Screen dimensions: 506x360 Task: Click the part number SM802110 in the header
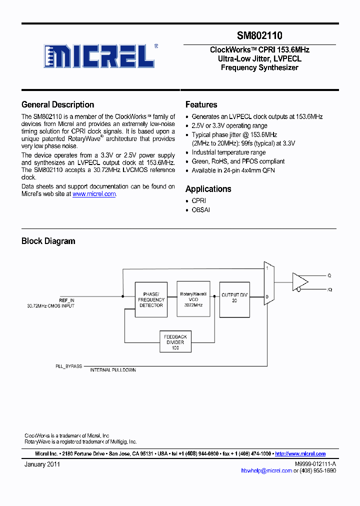259,36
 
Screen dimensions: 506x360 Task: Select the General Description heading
57,104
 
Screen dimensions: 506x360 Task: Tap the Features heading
201,104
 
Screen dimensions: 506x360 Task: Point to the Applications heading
208,189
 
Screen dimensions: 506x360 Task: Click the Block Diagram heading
48,241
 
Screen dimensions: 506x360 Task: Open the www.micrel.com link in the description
94,194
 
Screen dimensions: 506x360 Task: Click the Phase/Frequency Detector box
151,299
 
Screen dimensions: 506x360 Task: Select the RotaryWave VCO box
193,299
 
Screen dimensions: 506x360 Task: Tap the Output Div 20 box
234,299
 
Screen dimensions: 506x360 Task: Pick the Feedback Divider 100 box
175,342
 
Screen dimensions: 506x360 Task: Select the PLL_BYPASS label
68,366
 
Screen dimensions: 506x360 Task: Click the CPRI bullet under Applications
198,200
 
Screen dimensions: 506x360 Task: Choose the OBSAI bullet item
200,210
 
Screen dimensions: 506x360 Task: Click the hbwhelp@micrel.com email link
266,470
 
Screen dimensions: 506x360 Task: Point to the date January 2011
42,464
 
